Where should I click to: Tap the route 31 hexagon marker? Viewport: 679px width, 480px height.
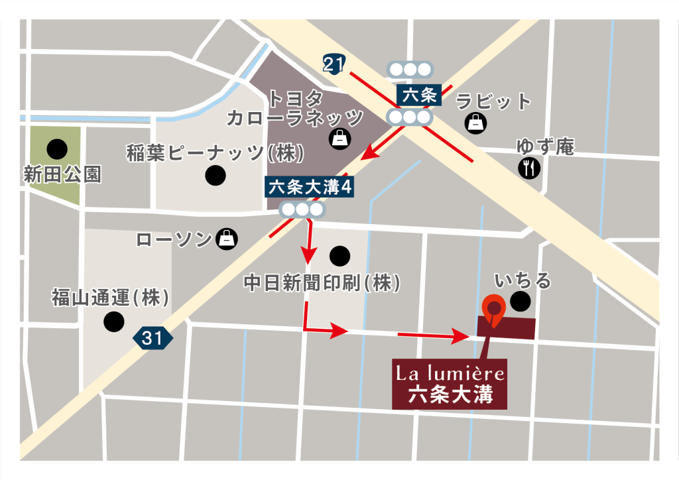153,338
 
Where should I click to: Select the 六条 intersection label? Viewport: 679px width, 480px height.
419,95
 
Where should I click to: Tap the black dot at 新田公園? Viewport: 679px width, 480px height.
56,149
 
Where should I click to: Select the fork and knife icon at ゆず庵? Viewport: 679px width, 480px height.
529,168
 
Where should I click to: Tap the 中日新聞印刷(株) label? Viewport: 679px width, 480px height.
323,283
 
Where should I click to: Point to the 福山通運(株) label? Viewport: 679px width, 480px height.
110,298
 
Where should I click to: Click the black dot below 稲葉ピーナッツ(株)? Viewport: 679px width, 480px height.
215,176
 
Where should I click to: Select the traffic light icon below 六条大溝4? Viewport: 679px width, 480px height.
303,210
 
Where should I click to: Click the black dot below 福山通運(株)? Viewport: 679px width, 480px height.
113,322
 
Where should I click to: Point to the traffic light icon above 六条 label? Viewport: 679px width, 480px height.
410,69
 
